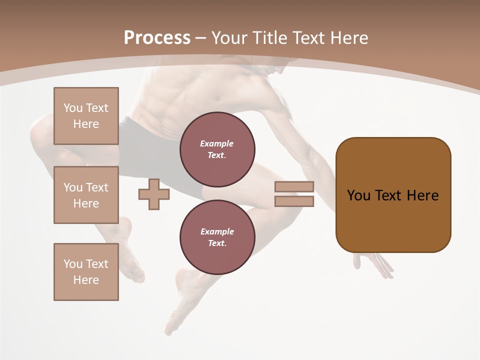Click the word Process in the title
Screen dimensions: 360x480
click(157, 38)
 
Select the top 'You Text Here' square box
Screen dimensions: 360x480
click(86, 116)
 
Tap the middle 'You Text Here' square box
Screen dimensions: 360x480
click(86, 195)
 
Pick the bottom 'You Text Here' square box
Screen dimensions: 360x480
click(86, 272)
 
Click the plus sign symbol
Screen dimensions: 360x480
click(154, 194)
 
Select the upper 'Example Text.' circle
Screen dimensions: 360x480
click(217, 149)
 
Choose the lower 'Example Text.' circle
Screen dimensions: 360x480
click(217, 237)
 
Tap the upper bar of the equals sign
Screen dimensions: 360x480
click(294, 187)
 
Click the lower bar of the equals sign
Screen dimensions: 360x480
click(294, 201)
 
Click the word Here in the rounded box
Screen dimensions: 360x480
click(422, 195)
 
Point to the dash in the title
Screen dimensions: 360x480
click(201, 38)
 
